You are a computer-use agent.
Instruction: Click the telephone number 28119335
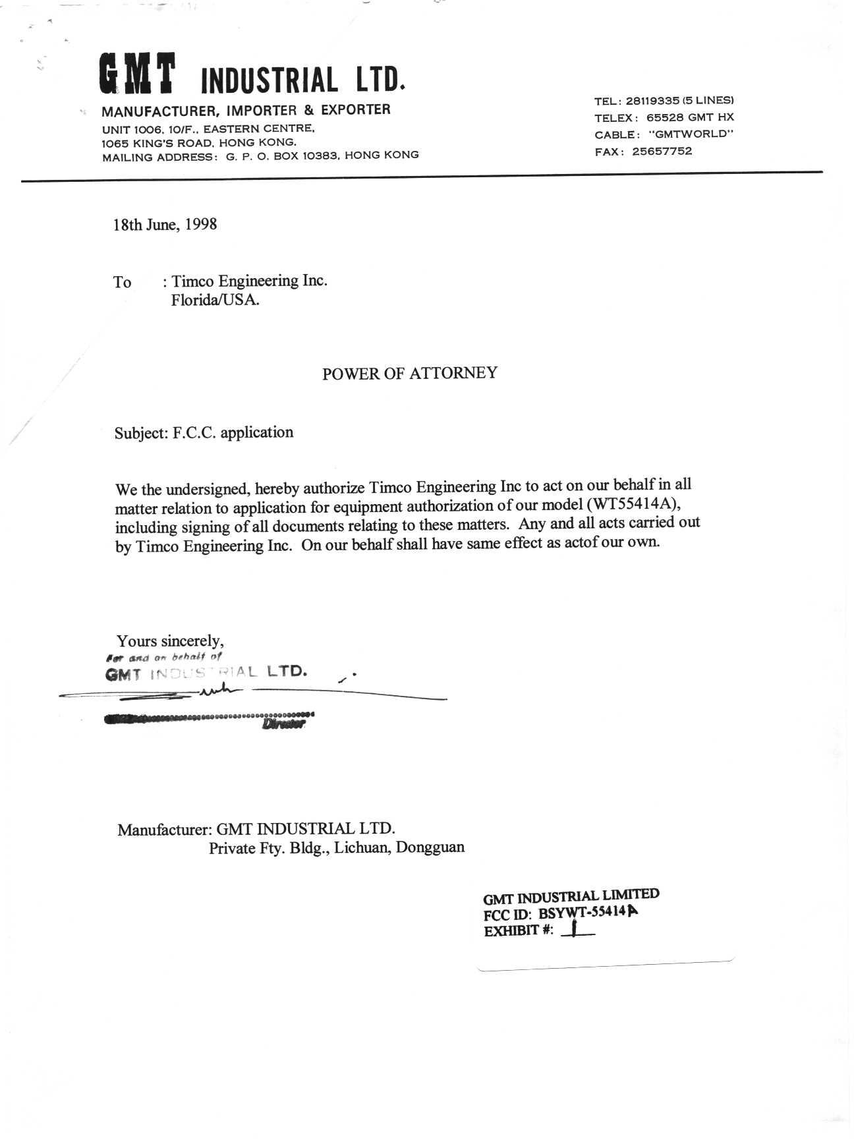[x=652, y=101]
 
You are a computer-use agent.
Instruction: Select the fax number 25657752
[x=662, y=152]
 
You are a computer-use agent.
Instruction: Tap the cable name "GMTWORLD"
[x=691, y=134]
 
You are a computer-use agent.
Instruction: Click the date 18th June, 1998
[x=165, y=225]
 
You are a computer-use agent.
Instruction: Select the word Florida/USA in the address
[x=215, y=300]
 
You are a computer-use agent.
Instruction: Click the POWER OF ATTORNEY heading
[x=409, y=374]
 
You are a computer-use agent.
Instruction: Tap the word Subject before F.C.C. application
[x=141, y=434]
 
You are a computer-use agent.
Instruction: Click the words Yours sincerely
[x=170, y=641]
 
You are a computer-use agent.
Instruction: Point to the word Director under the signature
[x=284, y=724]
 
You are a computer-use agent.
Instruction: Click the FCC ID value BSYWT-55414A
[x=588, y=913]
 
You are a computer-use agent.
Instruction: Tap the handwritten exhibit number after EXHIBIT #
[x=575, y=929]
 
